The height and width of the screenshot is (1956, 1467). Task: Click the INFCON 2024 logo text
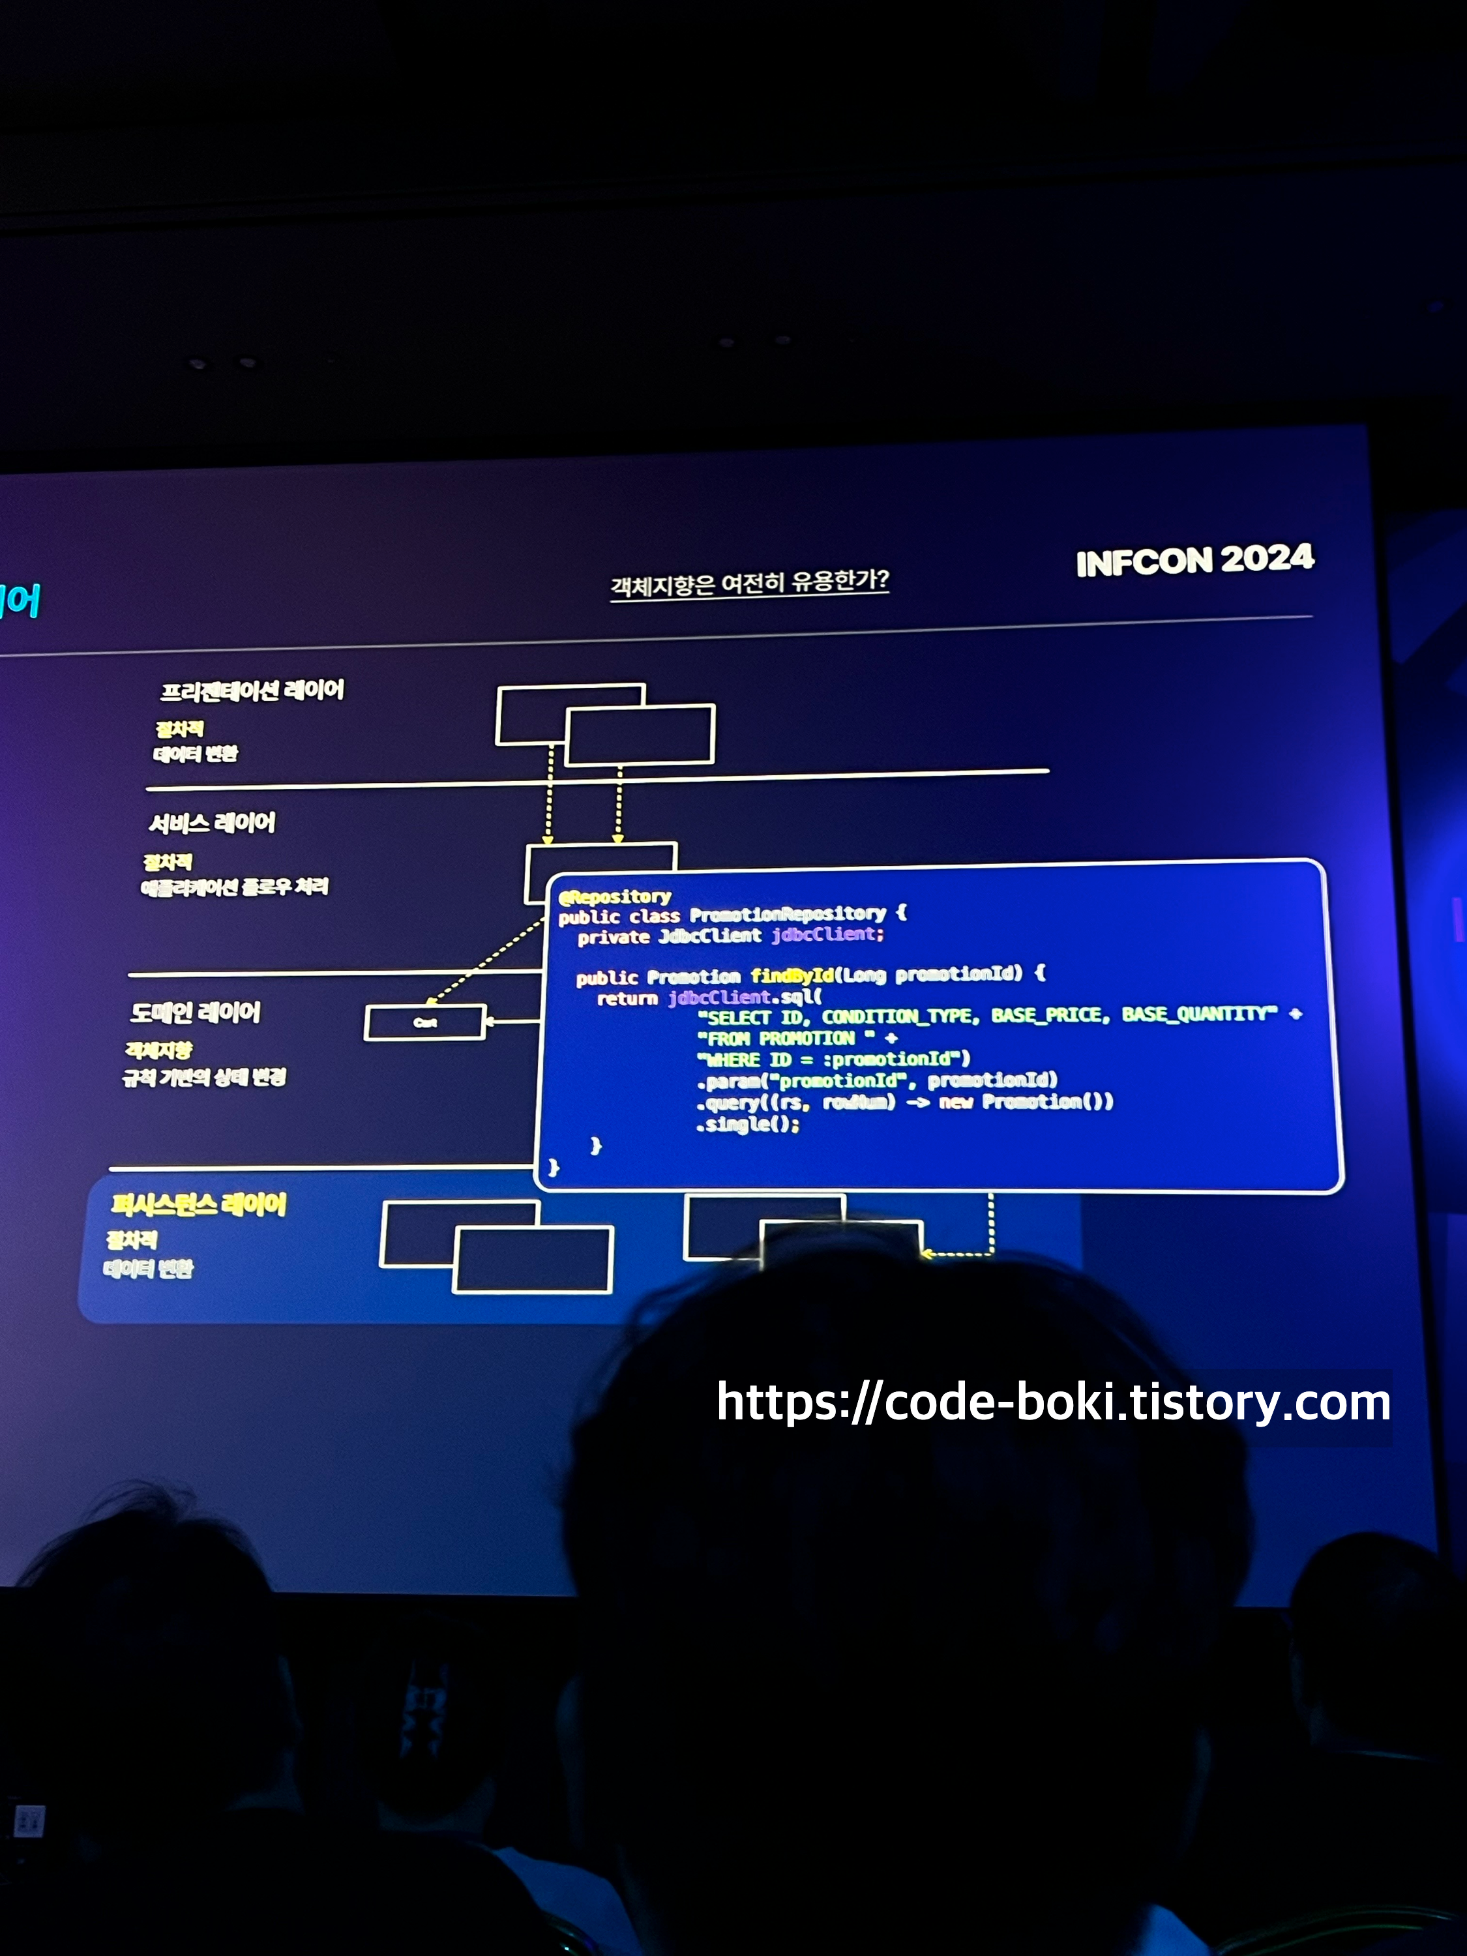[x=1194, y=561]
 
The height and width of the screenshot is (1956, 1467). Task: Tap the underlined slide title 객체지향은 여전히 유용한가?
[x=749, y=583]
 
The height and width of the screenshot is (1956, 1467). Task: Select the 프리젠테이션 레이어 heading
[x=252, y=690]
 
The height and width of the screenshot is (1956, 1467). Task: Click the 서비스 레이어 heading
[x=212, y=823]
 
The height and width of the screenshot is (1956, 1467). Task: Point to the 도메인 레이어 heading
[x=196, y=1013]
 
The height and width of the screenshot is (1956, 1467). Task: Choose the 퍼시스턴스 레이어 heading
[x=199, y=1204]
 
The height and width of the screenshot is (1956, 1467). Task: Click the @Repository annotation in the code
[x=615, y=896]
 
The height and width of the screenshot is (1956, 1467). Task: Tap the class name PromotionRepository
[x=787, y=913]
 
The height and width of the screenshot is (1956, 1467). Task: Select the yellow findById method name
[x=792, y=975]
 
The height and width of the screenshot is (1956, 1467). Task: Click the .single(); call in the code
[x=748, y=1125]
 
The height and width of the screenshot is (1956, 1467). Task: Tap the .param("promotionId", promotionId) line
[x=876, y=1080]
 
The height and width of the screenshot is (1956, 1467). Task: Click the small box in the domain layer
[x=424, y=1022]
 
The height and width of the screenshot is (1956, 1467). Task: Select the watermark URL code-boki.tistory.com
[x=1053, y=1403]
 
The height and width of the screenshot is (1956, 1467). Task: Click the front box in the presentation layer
[x=640, y=735]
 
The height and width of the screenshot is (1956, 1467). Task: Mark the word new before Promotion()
[x=956, y=1102]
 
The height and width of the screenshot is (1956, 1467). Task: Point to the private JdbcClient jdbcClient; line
[x=730, y=936]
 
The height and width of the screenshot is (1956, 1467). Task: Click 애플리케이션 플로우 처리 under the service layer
[x=234, y=887]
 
